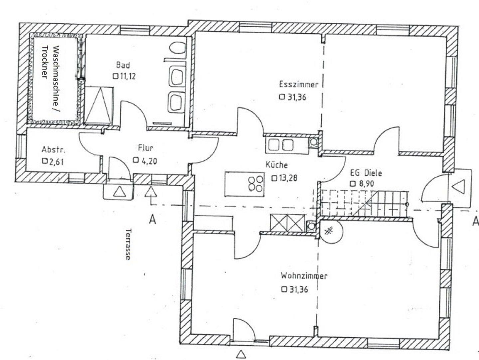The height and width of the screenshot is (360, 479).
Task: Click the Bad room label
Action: pos(123,65)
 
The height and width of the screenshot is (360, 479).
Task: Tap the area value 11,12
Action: pos(127,76)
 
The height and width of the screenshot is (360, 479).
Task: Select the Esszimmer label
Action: pos(298,85)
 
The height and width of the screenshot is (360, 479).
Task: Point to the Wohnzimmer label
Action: pos(304,276)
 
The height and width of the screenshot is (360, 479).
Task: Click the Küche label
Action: pos(276,165)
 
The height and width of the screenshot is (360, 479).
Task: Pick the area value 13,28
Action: pos(287,178)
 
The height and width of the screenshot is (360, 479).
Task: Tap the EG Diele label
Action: pos(366,173)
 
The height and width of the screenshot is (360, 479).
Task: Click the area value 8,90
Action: pos(366,183)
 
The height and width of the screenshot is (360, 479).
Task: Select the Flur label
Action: pos(146,148)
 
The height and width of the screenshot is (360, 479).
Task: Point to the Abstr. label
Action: pos(54,150)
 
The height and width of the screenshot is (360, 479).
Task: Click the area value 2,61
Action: pos(56,162)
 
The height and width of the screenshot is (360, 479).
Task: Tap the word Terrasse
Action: pos(128,244)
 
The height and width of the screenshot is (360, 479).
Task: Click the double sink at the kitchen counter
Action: pos(281,145)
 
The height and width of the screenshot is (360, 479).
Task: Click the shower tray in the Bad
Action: pos(99,105)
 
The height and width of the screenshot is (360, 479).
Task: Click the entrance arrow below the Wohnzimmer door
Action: pos(241,354)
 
